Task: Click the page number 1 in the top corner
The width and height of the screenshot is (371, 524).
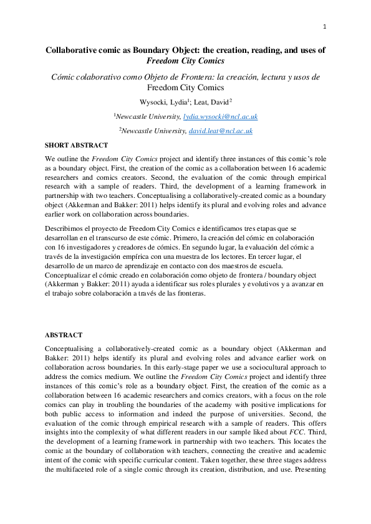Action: (x=325, y=26)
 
